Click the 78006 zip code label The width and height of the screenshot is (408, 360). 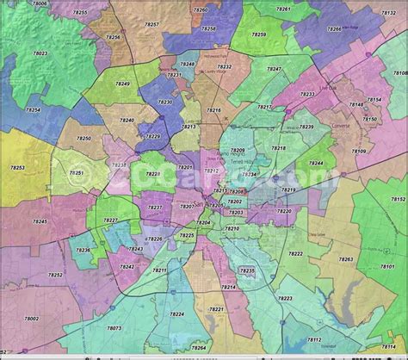pyautogui.click(x=40, y=4)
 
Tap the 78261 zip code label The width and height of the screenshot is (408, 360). pyautogui.click(x=283, y=9)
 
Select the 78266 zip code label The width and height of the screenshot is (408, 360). pyautogui.click(x=334, y=29)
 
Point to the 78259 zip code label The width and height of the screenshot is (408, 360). pyautogui.click(x=259, y=34)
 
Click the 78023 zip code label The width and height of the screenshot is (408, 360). pyautogui.click(x=40, y=53)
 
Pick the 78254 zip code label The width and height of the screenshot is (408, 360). pyautogui.click(x=33, y=110)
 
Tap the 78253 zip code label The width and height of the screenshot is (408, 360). pyautogui.click(x=17, y=167)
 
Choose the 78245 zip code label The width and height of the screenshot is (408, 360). pyautogui.click(x=40, y=221)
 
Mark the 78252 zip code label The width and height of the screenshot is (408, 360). pyautogui.click(x=55, y=275)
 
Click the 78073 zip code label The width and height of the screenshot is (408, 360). pyautogui.click(x=114, y=328)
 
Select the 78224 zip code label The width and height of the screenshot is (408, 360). pyautogui.click(x=177, y=314)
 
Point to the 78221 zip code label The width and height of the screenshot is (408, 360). pyautogui.click(x=216, y=308)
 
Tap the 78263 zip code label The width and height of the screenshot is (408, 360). pyautogui.click(x=345, y=259)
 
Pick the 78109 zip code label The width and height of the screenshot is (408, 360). pyautogui.click(x=359, y=152)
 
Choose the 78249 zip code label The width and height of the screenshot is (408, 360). pyautogui.click(x=123, y=84)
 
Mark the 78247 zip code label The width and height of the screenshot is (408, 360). pyautogui.click(x=274, y=69)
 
